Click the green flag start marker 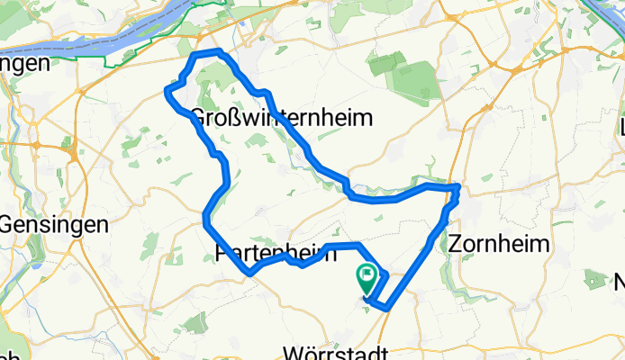pos(367,275)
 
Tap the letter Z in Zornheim pos(455,243)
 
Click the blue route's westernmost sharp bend pos(167,90)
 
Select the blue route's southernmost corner pos(385,308)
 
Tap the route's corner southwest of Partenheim pos(249,272)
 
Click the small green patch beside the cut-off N pos(594,279)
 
